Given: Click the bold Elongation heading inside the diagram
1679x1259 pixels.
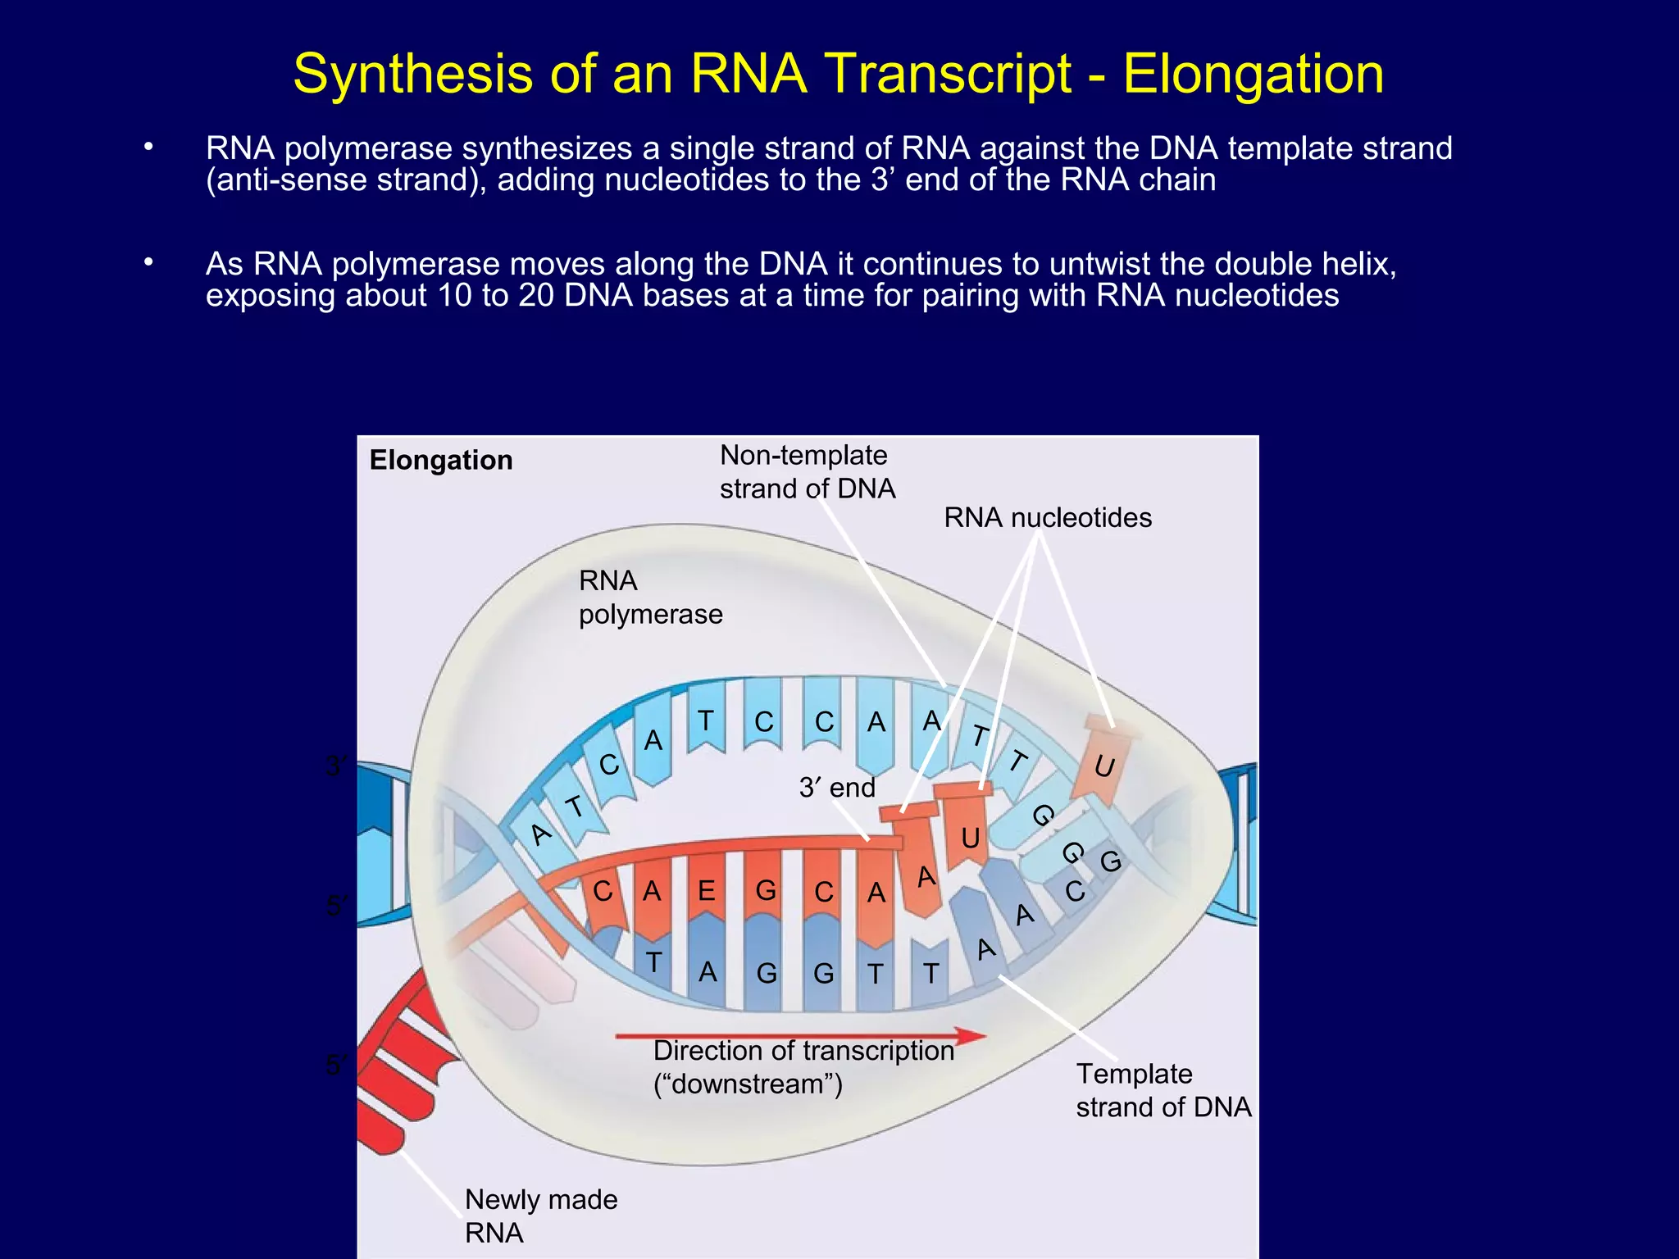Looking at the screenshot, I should tap(441, 460).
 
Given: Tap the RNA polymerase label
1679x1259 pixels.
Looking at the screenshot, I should tap(649, 598).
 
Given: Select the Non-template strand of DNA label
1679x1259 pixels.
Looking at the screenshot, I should tap(807, 472).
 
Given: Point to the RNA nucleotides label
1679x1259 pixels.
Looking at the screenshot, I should tap(1047, 518).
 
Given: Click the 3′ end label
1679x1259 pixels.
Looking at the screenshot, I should tap(836, 788).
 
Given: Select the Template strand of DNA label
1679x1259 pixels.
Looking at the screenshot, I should tap(1163, 1090).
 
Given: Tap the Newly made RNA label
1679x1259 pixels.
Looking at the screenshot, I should tap(540, 1216).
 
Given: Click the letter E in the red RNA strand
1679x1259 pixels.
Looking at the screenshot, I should tap(706, 890).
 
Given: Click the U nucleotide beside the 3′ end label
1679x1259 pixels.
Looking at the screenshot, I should tap(970, 838).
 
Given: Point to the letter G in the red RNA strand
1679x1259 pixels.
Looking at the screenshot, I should tap(766, 890).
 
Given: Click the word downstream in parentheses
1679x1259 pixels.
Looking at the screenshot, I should tap(747, 1084).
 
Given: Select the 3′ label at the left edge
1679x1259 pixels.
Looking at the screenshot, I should tap(337, 767).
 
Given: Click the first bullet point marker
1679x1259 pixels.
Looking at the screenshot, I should tap(148, 148).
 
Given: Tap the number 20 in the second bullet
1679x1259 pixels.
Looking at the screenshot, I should tap(536, 295).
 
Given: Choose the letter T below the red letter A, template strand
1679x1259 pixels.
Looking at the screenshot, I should tap(653, 962).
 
